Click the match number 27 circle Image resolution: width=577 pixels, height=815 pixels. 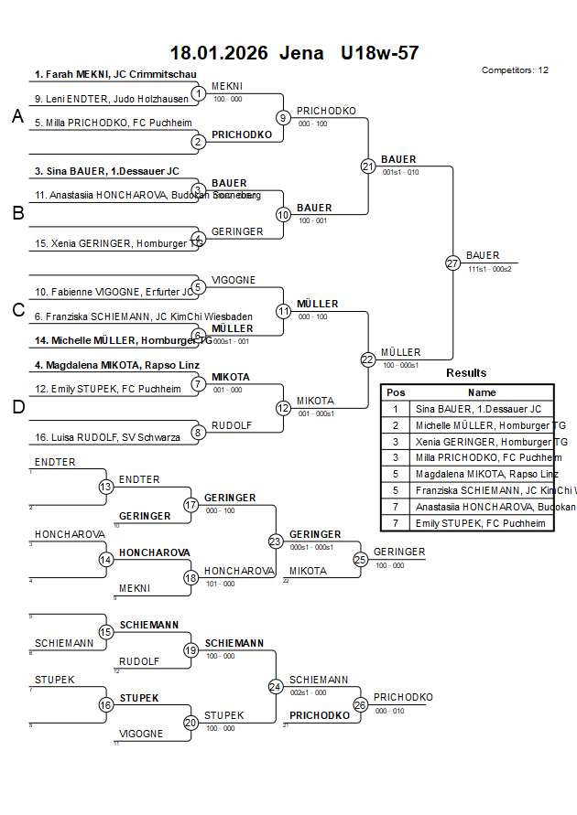[452, 263]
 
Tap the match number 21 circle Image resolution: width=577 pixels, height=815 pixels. [368, 166]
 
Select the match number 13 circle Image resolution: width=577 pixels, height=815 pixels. [106, 488]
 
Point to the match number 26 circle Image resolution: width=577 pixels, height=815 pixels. [360, 705]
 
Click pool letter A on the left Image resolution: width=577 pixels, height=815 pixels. [16, 116]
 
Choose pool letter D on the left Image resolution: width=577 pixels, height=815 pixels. [16, 408]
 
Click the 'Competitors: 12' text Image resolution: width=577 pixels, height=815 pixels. [515, 70]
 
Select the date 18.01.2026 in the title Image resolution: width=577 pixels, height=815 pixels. [219, 53]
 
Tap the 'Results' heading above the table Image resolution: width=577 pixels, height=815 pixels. [466, 372]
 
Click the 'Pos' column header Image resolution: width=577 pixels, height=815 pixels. [395, 392]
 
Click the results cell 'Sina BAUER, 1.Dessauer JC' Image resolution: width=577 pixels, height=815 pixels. [478, 409]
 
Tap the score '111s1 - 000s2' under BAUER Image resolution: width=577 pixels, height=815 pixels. [489, 269]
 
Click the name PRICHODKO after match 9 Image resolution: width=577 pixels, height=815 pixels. [326, 111]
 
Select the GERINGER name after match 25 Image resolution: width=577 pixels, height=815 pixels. [399, 552]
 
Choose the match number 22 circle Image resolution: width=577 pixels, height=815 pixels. [368, 359]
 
